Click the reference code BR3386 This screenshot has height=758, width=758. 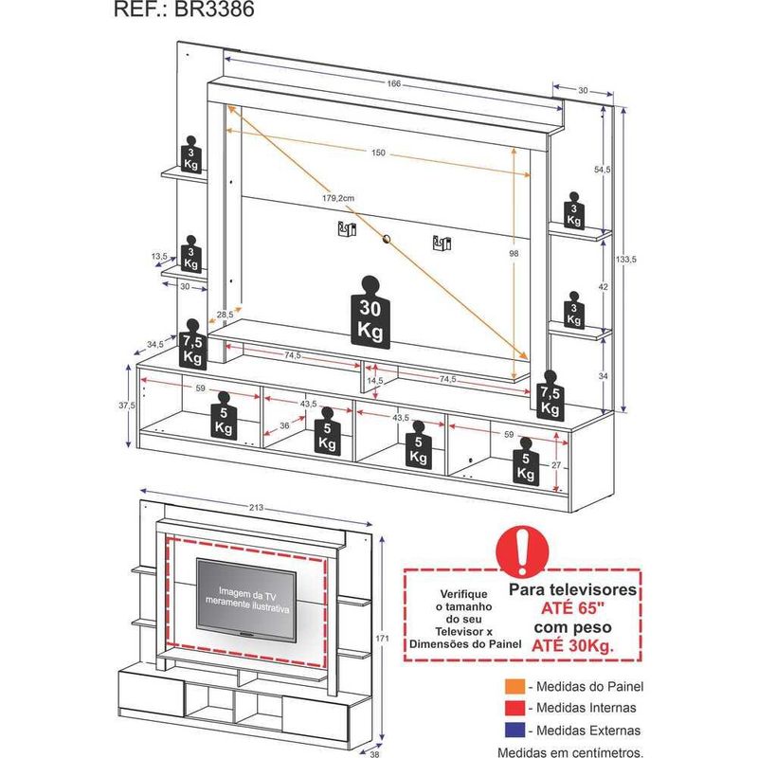point(212,11)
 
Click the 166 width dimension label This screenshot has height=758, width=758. point(393,84)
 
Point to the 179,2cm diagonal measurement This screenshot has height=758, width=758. point(337,198)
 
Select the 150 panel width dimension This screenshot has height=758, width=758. point(378,153)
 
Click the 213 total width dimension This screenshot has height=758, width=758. point(256,508)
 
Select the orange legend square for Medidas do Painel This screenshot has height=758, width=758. point(513,685)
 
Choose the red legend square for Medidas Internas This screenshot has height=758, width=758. point(513,708)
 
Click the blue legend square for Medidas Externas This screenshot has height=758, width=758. point(513,731)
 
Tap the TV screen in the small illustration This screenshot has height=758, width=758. point(245,598)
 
